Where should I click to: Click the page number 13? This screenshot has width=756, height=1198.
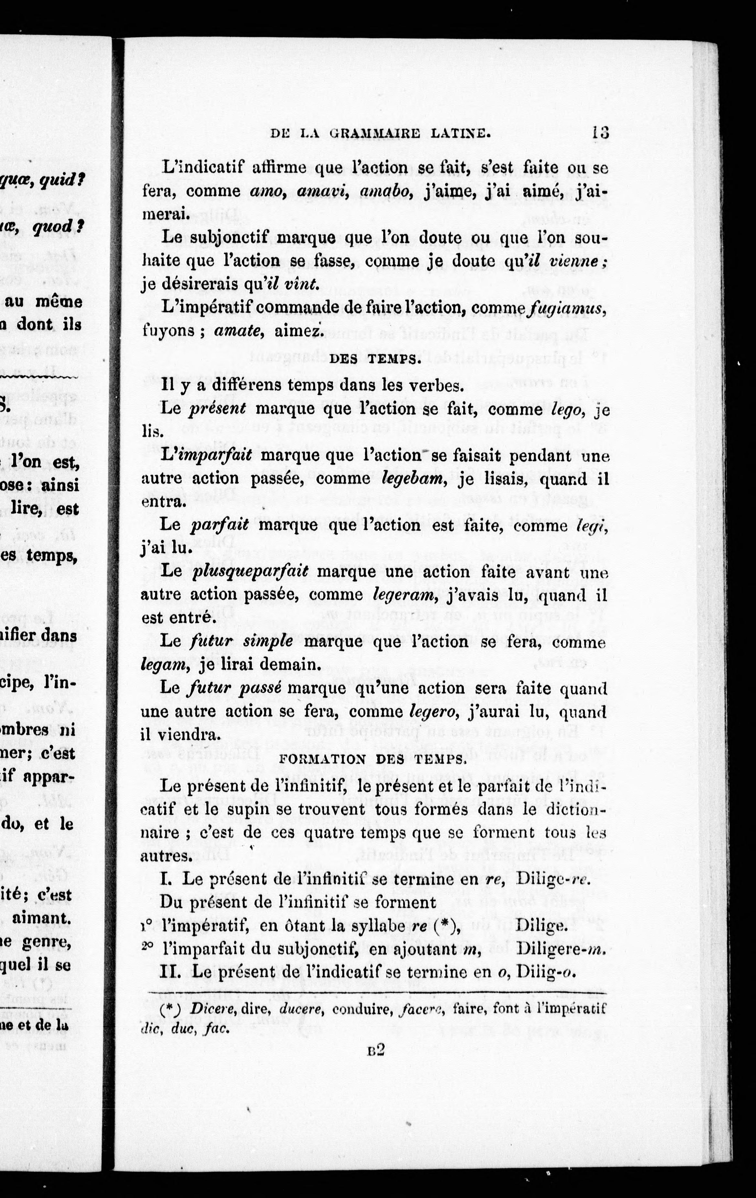coord(601,133)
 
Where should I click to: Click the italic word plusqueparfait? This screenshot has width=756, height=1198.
coord(250,572)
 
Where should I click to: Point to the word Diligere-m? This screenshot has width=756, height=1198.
coord(561,949)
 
